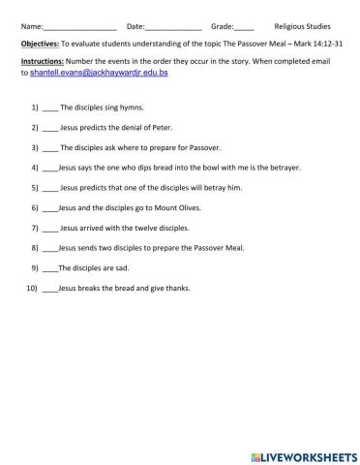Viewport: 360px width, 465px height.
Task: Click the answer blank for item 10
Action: point(50,289)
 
